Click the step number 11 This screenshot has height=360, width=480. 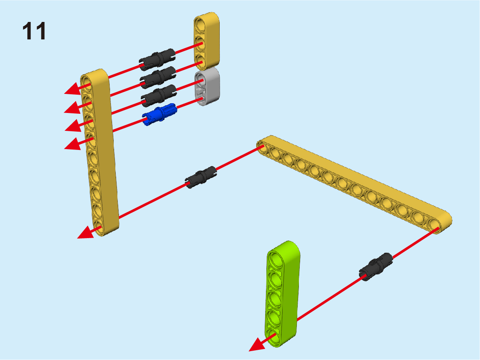(x=34, y=31)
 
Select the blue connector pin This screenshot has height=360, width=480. (x=160, y=114)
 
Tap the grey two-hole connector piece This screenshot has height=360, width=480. (x=207, y=87)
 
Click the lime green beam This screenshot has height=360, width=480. (x=282, y=294)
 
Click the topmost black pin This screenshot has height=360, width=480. (x=157, y=59)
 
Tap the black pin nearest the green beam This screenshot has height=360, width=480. (x=376, y=267)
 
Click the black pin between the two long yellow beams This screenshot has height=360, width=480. (x=201, y=178)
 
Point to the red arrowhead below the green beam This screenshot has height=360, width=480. (x=258, y=345)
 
